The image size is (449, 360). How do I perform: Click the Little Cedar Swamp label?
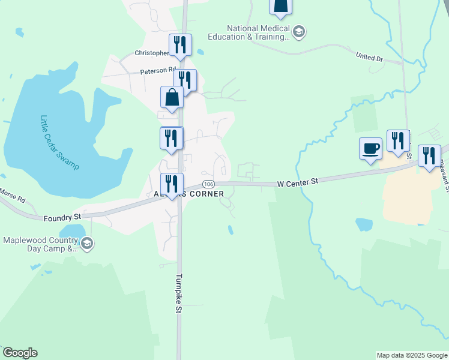click(x=59, y=142)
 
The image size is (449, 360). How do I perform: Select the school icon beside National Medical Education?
click(x=299, y=31)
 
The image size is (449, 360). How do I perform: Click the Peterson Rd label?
click(x=158, y=71)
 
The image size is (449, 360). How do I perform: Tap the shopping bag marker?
click(x=172, y=98)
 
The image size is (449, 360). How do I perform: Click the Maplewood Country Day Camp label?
click(x=41, y=244)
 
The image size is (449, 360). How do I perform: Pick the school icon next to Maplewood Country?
click(x=87, y=243)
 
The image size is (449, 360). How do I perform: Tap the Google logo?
click(x=20, y=353)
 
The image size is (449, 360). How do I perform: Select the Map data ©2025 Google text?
click(x=411, y=355)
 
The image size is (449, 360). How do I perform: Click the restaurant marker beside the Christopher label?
click(x=179, y=44)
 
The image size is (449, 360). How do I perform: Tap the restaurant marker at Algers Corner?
click(x=172, y=185)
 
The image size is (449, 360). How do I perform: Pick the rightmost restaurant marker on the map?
click(x=429, y=157)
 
